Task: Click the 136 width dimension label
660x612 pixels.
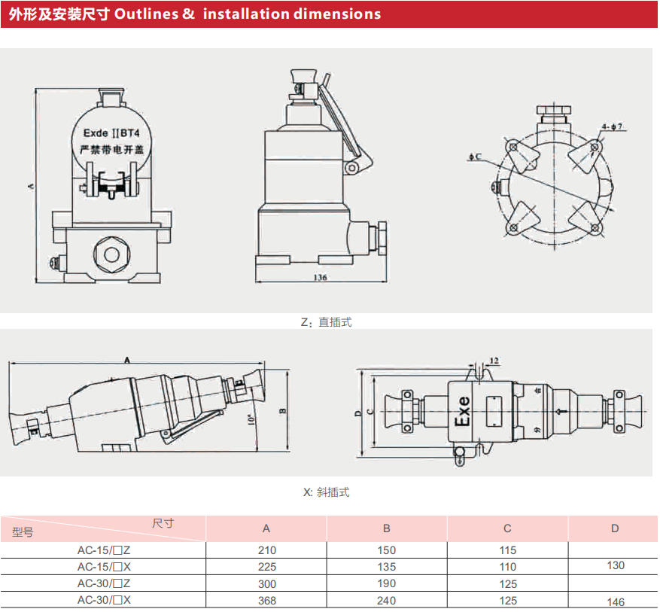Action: (x=319, y=277)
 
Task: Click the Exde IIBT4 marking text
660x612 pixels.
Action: (x=111, y=132)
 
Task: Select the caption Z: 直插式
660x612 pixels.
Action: (x=326, y=322)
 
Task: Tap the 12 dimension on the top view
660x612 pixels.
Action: (x=494, y=361)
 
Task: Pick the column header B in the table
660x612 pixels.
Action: (x=387, y=528)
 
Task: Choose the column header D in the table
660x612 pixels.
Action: (x=615, y=528)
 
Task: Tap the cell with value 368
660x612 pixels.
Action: (x=266, y=601)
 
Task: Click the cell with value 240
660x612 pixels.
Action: (x=387, y=601)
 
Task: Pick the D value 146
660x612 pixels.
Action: (x=615, y=601)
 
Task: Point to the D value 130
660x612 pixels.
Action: (x=615, y=565)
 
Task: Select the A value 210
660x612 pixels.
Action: (x=266, y=550)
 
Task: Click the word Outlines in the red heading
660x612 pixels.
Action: (x=147, y=14)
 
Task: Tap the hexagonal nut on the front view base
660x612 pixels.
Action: (x=111, y=251)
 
